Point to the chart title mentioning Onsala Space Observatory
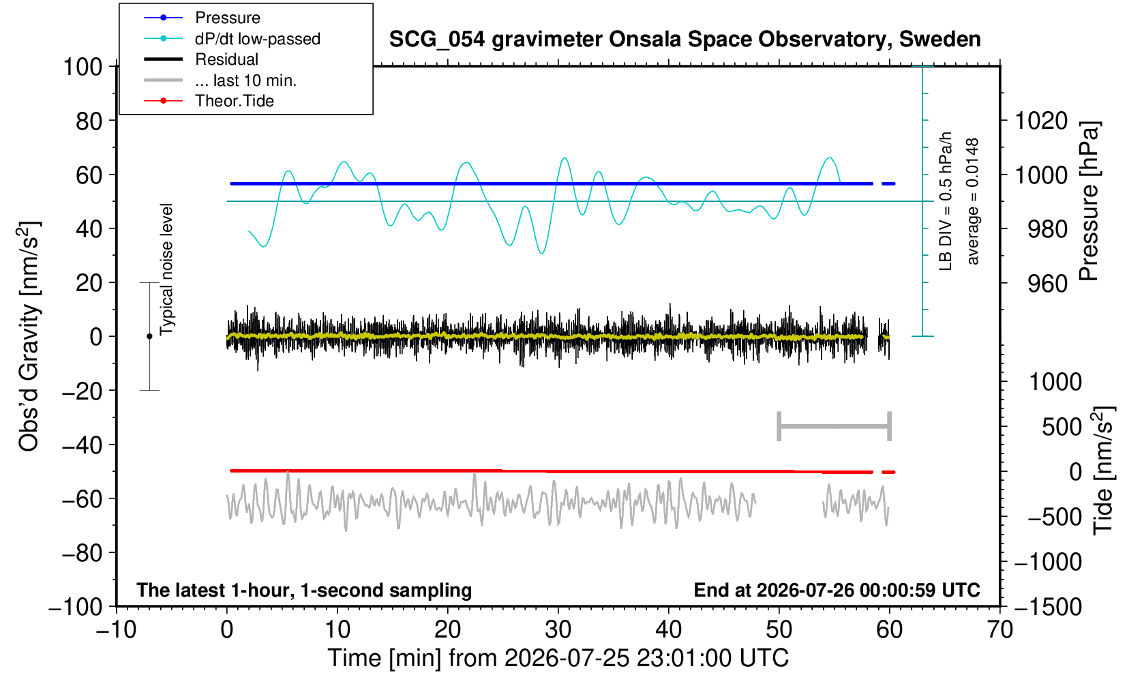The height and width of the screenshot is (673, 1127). pyautogui.click(x=685, y=40)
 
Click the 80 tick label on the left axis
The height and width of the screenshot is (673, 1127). pyautogui.click(x=89, y=121)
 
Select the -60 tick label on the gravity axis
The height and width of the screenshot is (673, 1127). pyautogui.click(x=82, y=499)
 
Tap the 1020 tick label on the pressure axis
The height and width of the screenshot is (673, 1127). pyautogui.click(x=1041, y=121)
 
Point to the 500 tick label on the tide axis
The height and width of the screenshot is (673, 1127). pyautogui.click(x=1062, y=427)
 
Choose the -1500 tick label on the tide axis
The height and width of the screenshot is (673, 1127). pyautogui.click(x=1048, y=607)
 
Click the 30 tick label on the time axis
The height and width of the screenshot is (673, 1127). pyautogui.click(x=558, y=629)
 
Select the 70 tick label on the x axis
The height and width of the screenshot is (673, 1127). pyautogui.click(x=1000, y=629)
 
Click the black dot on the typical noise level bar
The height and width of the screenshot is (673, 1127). pyautogui.click(x=149, y=336)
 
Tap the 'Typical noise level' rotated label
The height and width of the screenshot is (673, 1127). pyautogui.click(x=166, y=269)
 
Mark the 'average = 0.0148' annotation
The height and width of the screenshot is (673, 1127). pyautogui.click(x=972, y=201)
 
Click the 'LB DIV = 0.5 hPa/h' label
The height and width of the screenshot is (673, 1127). pyautogui.click(x=946, y=201)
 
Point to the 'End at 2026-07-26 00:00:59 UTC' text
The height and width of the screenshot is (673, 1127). pyautogui.click(x=837, y=590)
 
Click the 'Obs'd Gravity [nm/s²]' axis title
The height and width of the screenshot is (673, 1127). pyautogui.click(x=28, y=336)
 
